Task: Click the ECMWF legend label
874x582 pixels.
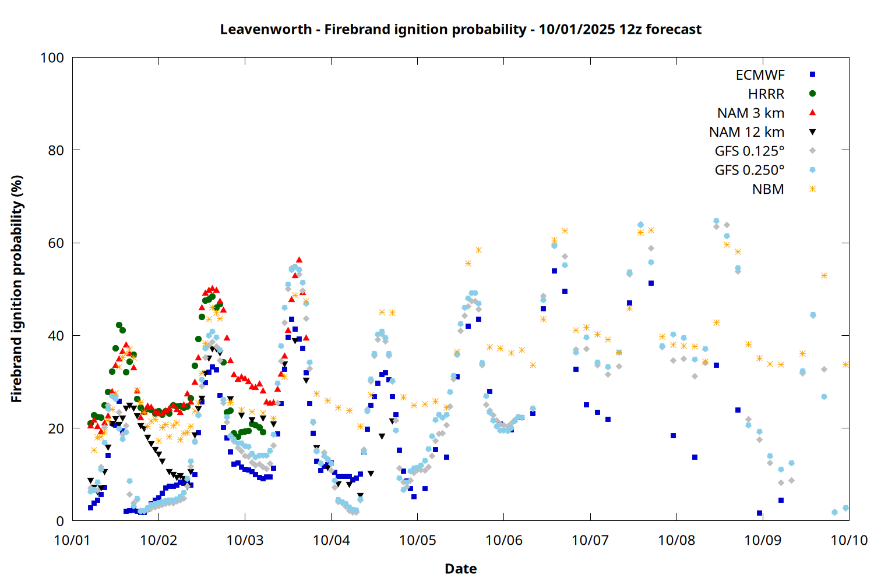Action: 760,75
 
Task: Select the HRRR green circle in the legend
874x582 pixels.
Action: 812,94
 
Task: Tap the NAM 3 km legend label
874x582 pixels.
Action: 750,113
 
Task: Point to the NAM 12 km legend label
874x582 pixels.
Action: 746,132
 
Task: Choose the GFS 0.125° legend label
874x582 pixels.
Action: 749,151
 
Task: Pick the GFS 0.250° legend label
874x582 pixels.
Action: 749,171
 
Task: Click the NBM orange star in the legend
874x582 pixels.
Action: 812,189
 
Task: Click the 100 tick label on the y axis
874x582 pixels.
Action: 52,58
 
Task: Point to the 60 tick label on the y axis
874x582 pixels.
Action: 56,243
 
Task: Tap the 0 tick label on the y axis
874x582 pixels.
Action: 60,521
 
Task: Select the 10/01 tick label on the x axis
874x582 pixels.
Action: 72,540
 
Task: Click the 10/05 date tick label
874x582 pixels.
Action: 417,540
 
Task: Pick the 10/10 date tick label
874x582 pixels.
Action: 849,540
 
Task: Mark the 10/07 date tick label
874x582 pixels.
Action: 590,540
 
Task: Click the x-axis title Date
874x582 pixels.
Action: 460,569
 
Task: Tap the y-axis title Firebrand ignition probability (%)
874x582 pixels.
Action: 17,289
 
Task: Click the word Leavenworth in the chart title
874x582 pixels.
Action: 266,30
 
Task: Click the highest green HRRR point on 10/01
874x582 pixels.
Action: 119,325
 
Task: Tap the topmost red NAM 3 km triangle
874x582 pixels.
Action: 299,260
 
